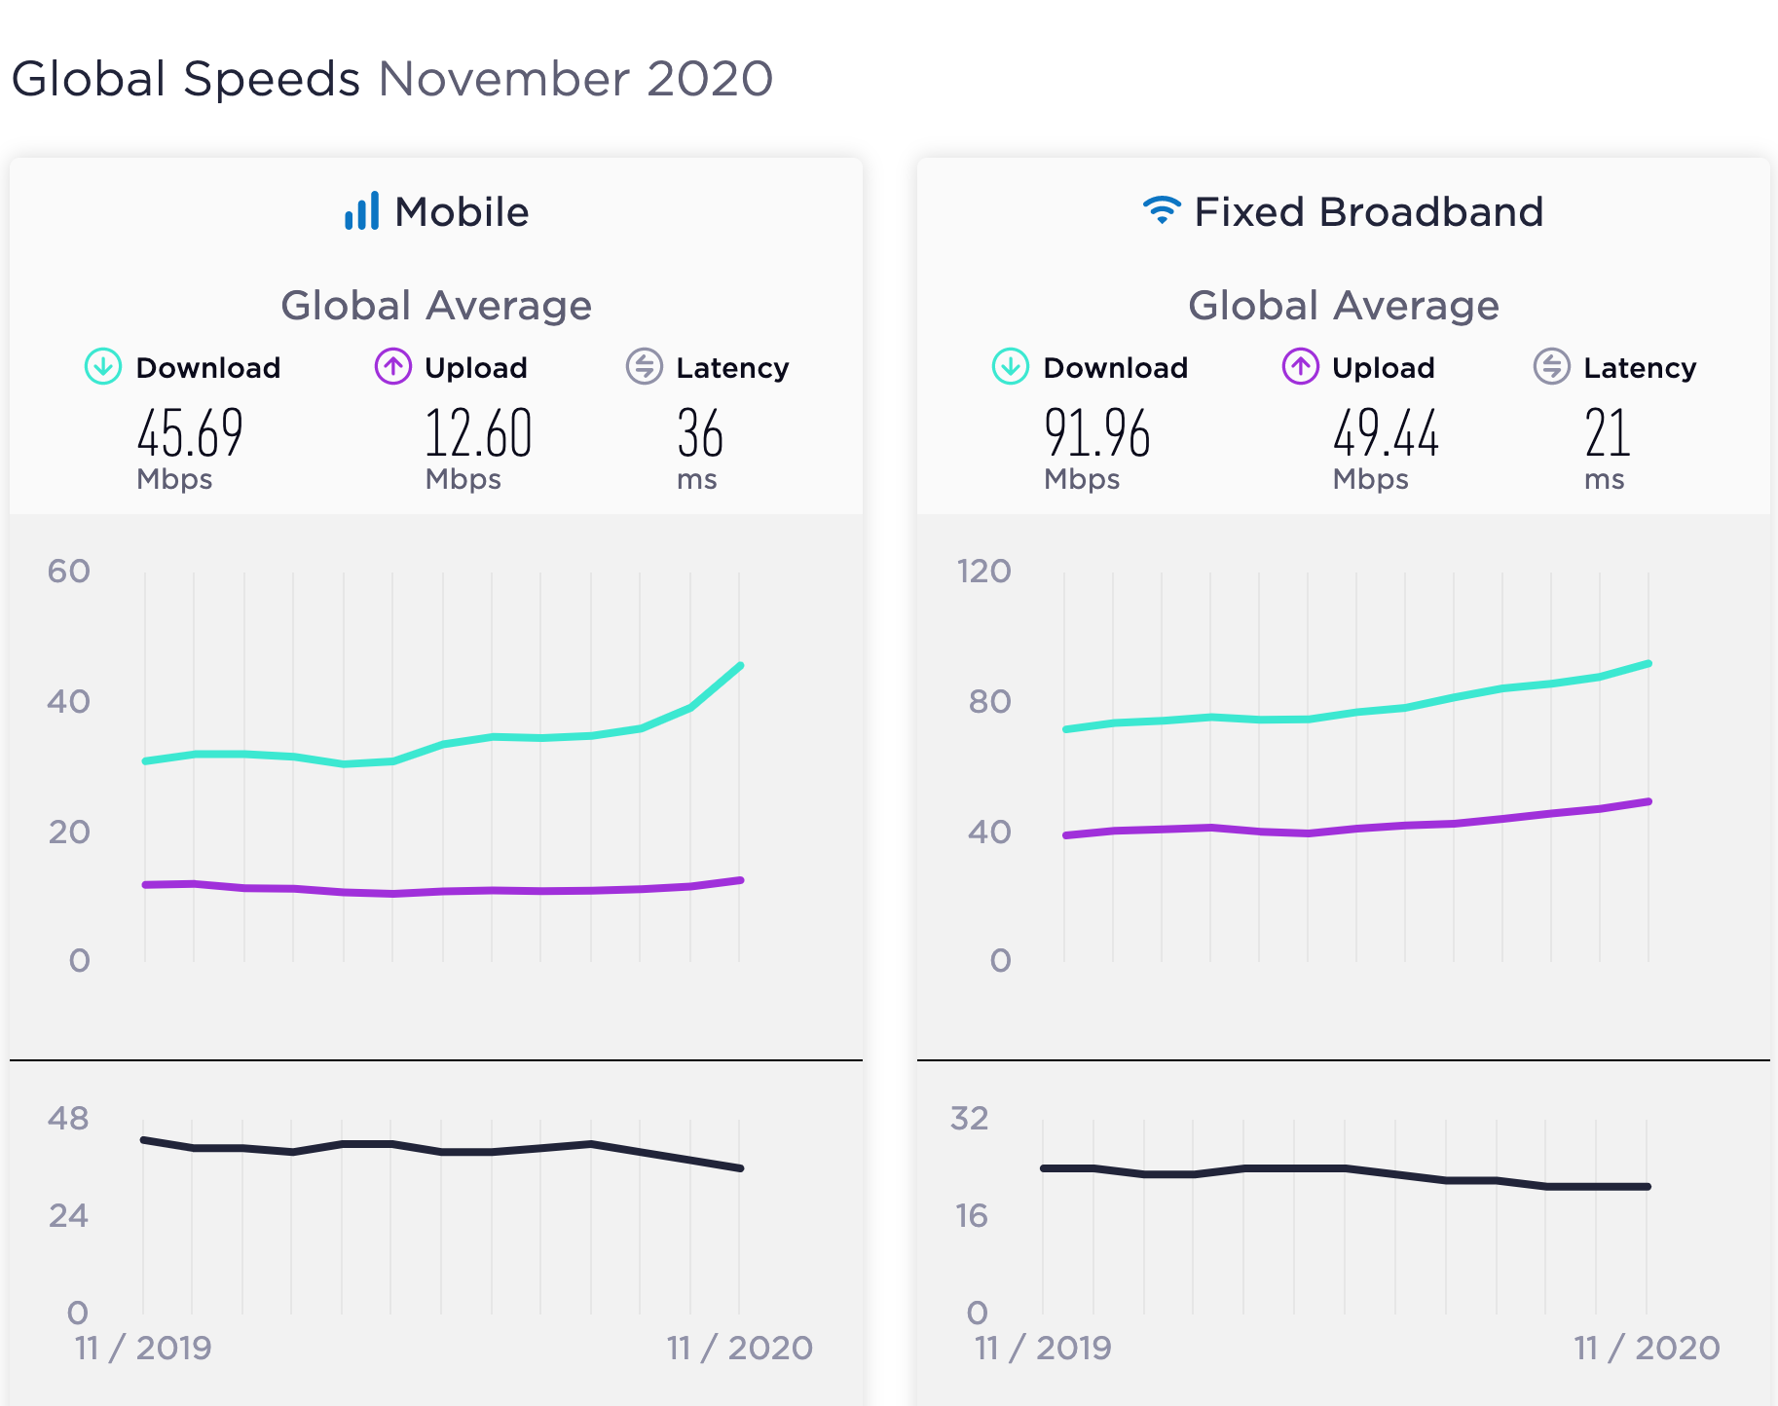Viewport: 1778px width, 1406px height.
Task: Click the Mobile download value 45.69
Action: (x=190, y=433)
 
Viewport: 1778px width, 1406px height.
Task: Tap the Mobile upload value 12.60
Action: (x=478, y=433)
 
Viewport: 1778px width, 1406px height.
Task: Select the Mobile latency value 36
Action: (x=700, y=433)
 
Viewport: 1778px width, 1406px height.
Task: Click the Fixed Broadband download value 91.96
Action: (x=1096, y=433)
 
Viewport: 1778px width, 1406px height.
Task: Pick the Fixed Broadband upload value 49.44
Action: (x=1386, y=433)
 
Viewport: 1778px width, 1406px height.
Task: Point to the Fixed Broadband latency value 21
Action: (x=1607, y=433)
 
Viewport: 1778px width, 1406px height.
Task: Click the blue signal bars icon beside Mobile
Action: (x=362, y=211)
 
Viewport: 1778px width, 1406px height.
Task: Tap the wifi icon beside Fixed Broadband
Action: (x=1162, y=209)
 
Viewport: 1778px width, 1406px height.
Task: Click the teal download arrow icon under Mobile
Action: (x=103, y=367)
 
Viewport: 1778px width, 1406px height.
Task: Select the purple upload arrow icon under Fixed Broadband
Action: (x=1300, y=367)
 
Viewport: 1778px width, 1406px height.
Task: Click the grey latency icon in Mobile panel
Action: (x=644, y=367)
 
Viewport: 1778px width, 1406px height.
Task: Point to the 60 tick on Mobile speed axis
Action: (x=68, y=571)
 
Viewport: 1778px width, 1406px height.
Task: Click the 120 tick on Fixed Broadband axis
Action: (x=983, y=571)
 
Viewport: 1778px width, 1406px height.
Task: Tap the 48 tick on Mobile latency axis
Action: (x=68, y=1119)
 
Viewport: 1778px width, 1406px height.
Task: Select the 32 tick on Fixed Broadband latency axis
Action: (x=970, y=1119)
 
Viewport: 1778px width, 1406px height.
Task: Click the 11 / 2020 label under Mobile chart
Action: (x=739, y=1348)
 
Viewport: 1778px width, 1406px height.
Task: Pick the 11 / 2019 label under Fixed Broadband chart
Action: (x=1043, y=1348)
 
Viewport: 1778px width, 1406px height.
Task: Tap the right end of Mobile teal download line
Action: (x=741, y=666)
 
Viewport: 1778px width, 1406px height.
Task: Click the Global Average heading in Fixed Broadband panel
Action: (x=1343, y=306)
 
